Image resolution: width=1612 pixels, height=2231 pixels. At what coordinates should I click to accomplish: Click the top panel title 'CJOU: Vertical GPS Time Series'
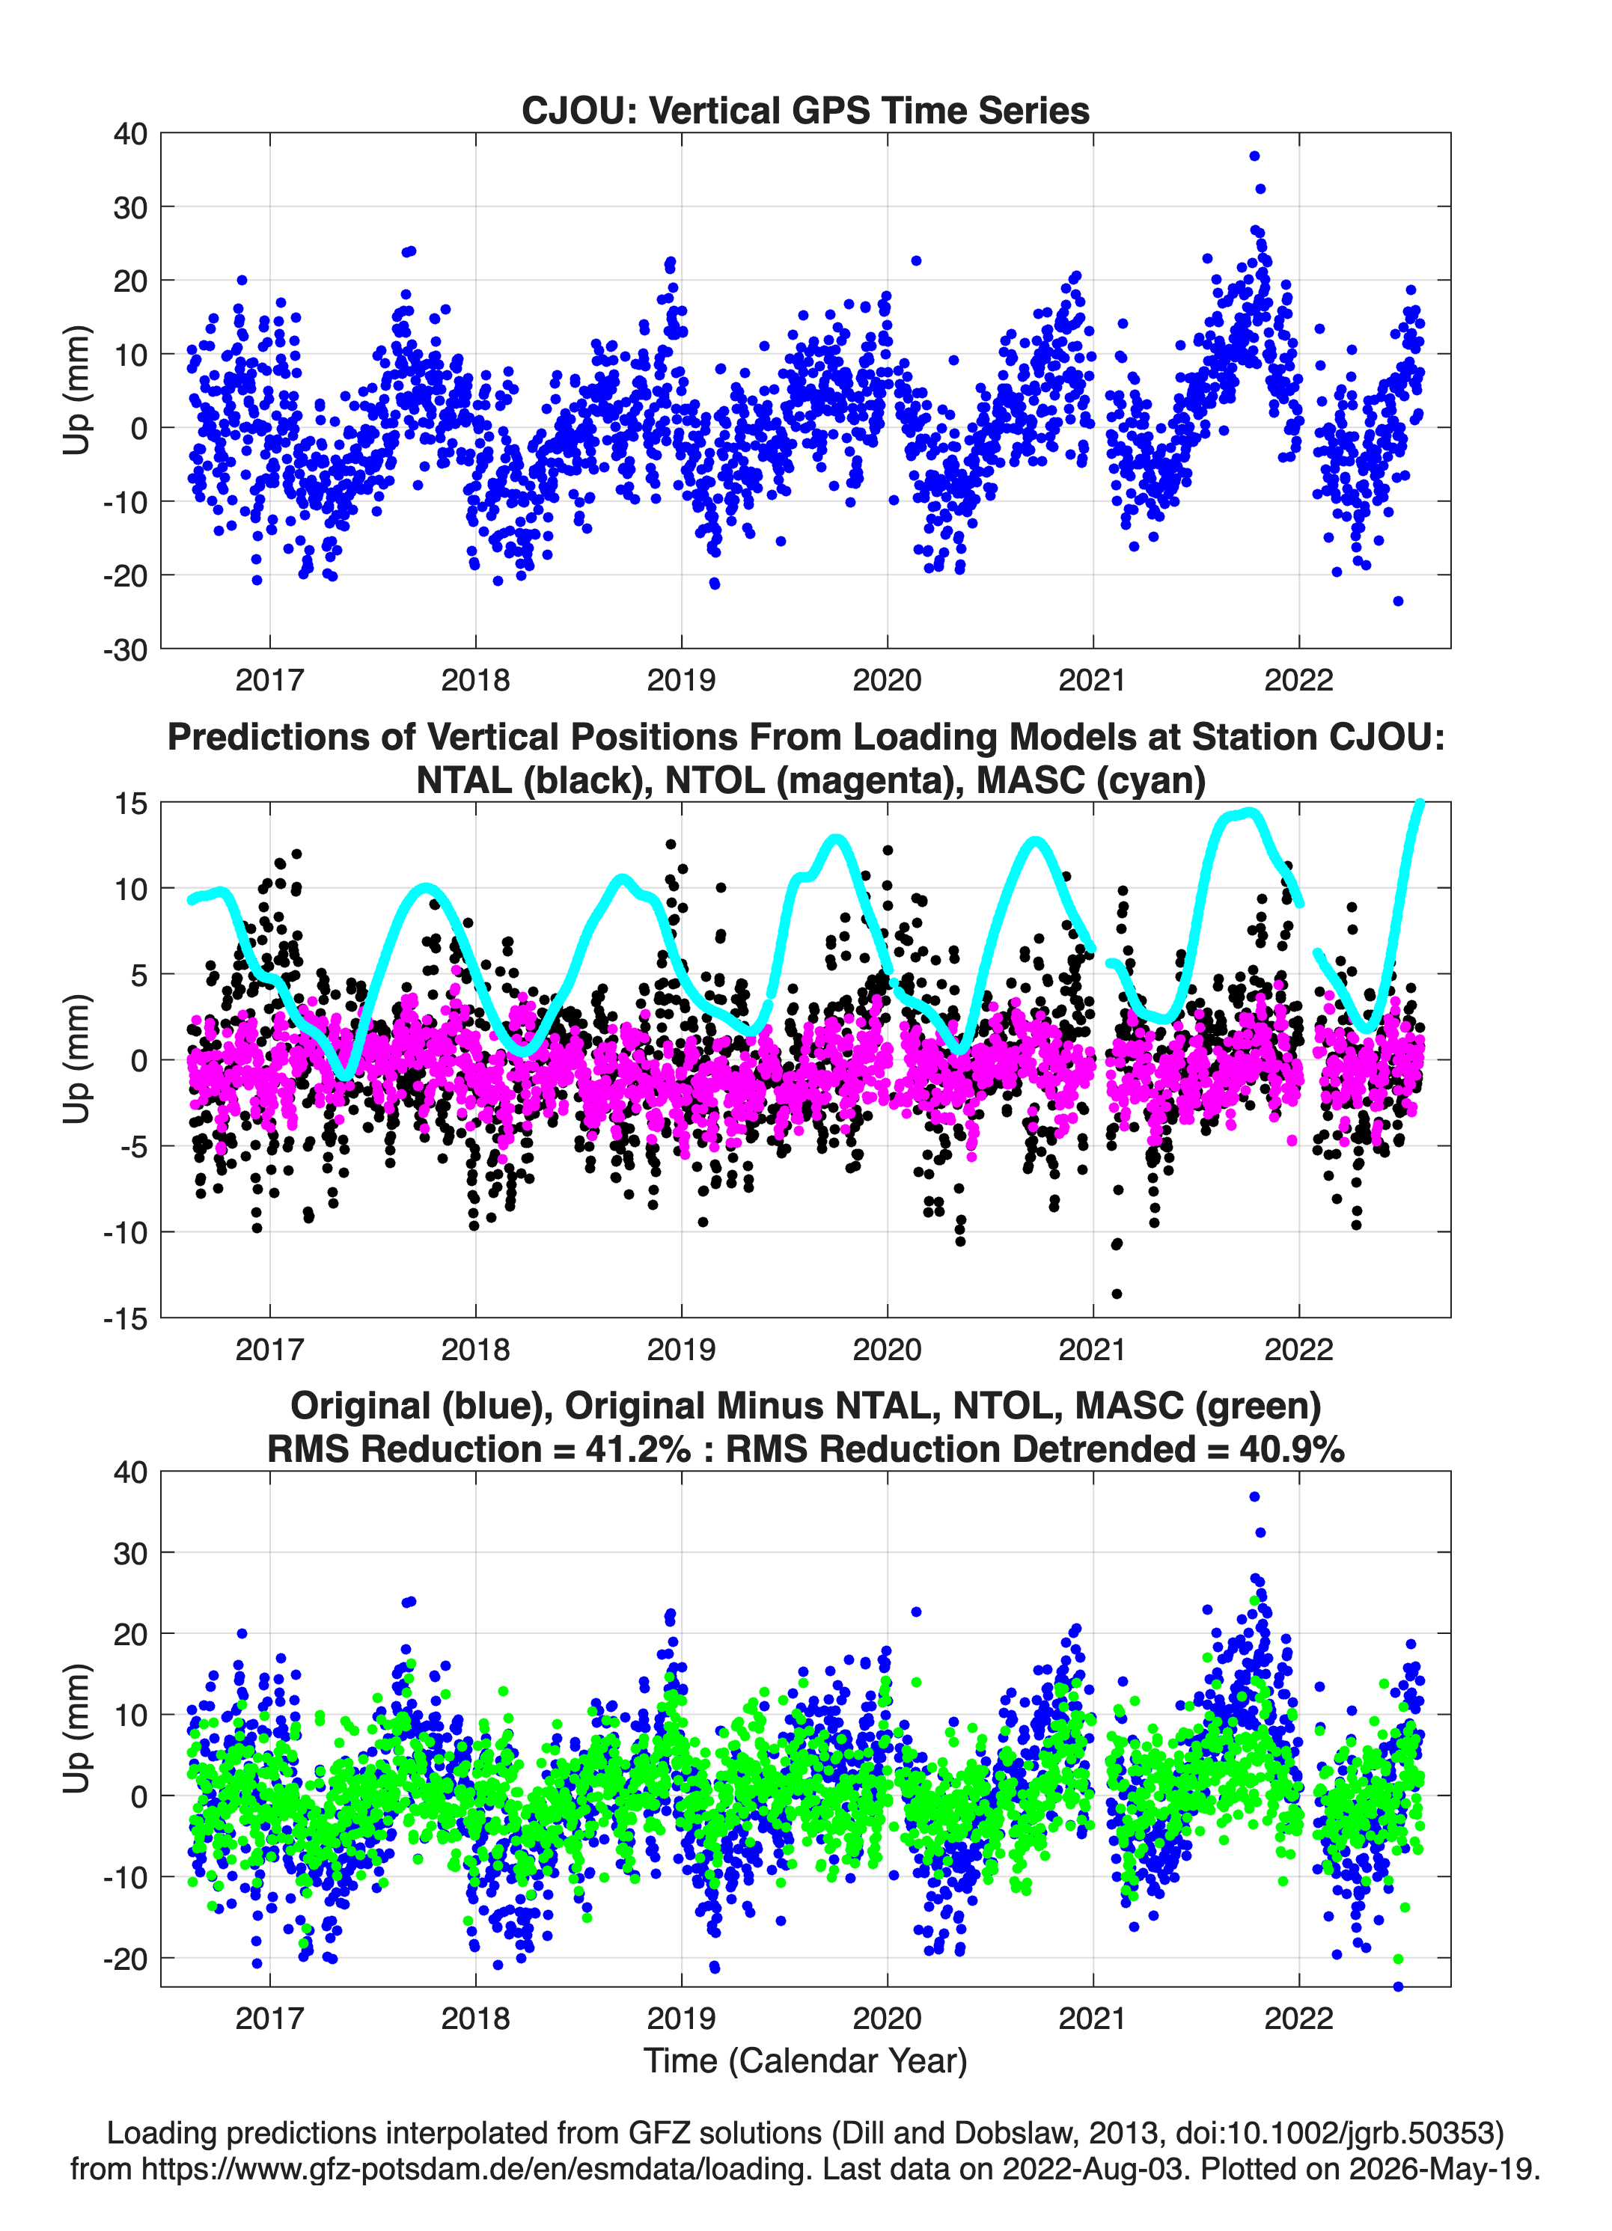coord(805,110)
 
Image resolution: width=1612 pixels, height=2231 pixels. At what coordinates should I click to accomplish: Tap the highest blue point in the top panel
coord(1254,156)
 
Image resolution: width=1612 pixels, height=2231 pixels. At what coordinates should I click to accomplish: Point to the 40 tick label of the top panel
coord(130,134)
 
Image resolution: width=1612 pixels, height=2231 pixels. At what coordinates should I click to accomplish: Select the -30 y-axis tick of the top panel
coord(125,649)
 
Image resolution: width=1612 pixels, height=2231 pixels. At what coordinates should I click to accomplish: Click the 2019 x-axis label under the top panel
coord(681,680)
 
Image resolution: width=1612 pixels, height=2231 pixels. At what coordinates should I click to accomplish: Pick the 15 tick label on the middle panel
coord(131,803)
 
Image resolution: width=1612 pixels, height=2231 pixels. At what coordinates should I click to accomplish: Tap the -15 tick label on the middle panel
coord(125,1318)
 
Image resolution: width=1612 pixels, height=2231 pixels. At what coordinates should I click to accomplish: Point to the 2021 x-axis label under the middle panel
coord(1093,1350)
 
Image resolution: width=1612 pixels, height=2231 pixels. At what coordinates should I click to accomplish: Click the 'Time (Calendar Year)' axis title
coord(805,2061)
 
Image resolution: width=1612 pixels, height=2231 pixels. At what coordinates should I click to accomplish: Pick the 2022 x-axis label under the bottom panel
coord(1298,2019)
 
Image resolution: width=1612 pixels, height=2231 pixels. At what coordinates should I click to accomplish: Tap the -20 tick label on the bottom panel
coord(125,1959)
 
